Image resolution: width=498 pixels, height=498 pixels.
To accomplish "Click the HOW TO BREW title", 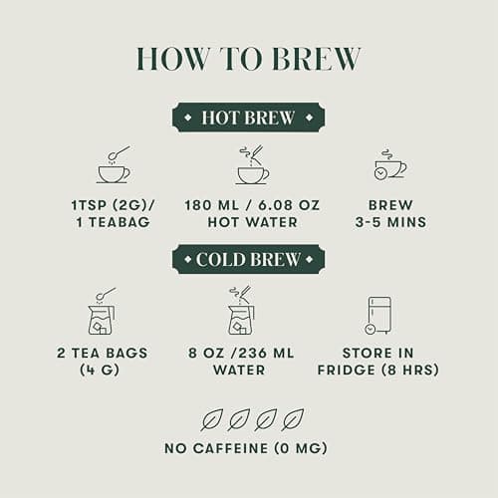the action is (x=248, y=59).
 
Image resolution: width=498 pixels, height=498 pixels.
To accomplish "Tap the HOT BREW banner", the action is (x=248, y=118).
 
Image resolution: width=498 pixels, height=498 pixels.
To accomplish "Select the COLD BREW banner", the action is (x=248, y=259).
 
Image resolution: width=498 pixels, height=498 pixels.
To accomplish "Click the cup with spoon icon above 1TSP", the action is (x=114, y=164).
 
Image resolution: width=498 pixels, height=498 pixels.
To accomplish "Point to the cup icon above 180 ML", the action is (x=253, y=164).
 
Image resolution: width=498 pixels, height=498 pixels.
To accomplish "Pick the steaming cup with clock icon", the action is (x=390, y=164).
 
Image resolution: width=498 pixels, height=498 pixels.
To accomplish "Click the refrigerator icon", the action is (x=378, y=316).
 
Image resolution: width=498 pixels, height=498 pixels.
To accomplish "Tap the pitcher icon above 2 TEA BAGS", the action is (x=103, y=311).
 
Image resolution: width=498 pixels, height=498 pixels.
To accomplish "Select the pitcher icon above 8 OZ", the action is (x=242, y=311).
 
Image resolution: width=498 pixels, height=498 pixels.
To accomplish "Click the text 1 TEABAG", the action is (x=114, y=222).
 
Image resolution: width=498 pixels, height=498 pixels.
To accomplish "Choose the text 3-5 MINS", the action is (x=390, y=222).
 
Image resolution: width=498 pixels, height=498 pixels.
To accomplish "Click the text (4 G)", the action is (x=100, y=370).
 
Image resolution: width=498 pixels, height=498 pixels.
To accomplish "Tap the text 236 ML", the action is (x=267, y=353).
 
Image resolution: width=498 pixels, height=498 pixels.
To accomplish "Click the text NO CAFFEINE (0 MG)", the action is (x=246, y=448).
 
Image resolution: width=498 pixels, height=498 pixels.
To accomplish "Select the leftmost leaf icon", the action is (x=212, y=419).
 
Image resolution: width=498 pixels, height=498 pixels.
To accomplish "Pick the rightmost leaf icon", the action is (x=292, y=419).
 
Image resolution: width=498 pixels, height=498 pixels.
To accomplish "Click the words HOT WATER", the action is (x=252, y=222).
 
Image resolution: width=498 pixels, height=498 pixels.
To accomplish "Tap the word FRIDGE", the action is (x=347, y=370).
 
